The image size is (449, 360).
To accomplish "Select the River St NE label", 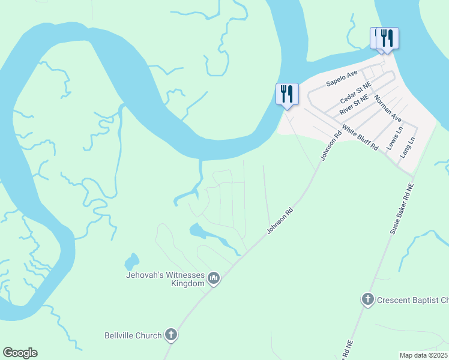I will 357,106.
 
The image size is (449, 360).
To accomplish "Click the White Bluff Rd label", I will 360,137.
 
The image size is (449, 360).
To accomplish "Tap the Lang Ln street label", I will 408,147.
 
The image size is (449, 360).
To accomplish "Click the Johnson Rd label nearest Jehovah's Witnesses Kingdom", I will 280,221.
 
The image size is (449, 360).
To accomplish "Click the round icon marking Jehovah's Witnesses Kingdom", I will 214,278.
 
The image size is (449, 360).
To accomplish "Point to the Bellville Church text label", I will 133,335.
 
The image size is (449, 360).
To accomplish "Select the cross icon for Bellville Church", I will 171,335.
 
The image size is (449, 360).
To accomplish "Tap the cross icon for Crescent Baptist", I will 368,299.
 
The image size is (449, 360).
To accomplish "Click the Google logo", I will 20,353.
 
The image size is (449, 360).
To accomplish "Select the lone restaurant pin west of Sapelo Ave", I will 286,95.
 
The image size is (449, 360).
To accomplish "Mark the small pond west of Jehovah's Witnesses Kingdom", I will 131,262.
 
